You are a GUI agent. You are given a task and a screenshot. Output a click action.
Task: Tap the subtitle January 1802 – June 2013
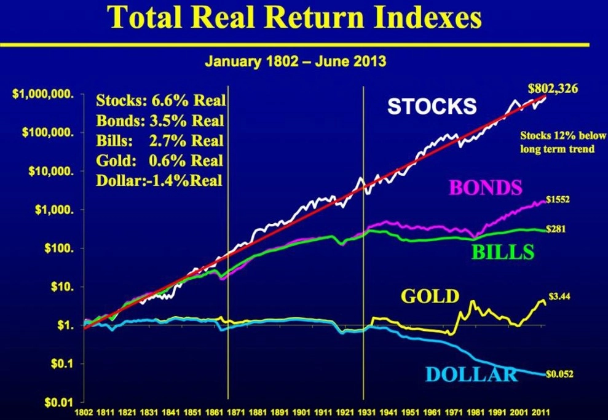pyautogui.click(x=296, y=61)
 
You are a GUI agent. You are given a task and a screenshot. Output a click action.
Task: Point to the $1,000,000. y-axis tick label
pyautogui.click(x=43, y=94)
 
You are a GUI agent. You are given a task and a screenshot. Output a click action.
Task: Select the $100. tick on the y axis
pyautogui.click(x=59, y=248)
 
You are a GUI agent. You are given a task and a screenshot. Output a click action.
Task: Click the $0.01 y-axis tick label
pyautogui.click(x=59, y=402)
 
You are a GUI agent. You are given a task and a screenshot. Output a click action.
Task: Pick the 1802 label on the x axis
pyautogui.click(x=84, y=412)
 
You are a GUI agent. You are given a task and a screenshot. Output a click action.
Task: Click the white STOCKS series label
pyautogui.click(x=432, y=106)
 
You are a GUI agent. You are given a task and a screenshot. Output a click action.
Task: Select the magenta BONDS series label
pyautogui.click(x=486, y=188)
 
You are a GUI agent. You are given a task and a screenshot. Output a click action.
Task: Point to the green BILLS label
pyautogui.click(x=502, y=252)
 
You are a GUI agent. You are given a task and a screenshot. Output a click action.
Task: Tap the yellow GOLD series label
pyautogui.click(x=430, y=296)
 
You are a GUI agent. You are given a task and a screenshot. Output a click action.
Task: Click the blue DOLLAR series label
pyautogui.click(x=472, y=374)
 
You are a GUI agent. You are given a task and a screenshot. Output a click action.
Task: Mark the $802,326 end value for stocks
pyautogui.click(x=553, y=89)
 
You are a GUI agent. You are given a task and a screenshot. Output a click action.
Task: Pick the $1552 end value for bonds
pyautogui.click(x=558, y=200)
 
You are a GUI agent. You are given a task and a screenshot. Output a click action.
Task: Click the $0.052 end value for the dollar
pyautogui.click(x=559, y=374)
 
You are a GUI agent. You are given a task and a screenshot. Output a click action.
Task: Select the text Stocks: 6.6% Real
pyautogui.click(x=160, y=100)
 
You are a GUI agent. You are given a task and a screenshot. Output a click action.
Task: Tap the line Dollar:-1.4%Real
pyautogui.click(x=159, y=181)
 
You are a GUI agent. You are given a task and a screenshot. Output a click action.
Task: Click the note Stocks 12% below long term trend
pyautogui.click(x=563, y=142)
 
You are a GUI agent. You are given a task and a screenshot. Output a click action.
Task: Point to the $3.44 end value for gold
pyautogui.click(x=559, y=296)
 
